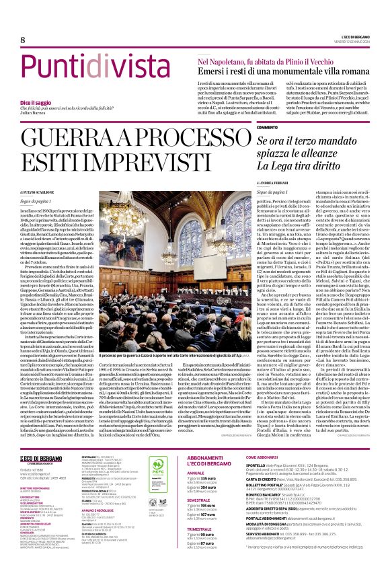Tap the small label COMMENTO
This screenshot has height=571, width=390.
pyautogui.click(x=267, y=127)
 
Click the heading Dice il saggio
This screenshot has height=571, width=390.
pyautogui.click(x=54, y=102)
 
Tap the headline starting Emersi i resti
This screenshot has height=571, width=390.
pyautogui.click(x=280, y=70)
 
